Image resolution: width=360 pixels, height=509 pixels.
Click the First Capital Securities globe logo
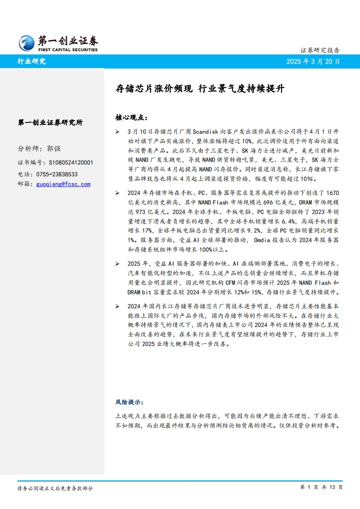[26, 43]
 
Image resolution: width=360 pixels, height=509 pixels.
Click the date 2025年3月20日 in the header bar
[313, 62]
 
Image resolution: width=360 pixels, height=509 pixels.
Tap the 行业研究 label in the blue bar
[31, 62]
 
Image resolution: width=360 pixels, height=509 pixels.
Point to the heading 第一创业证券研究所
[50, 122]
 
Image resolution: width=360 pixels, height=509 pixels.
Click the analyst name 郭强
[54, 149]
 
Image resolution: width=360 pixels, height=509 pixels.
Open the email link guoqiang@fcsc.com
[63, 184]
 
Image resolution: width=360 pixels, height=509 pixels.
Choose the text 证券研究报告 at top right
[321, 50]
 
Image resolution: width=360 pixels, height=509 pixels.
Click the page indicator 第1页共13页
[321, 487]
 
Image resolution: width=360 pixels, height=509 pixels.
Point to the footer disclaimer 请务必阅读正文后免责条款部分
[55, 488]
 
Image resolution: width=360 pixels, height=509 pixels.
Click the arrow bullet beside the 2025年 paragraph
[118, 264]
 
